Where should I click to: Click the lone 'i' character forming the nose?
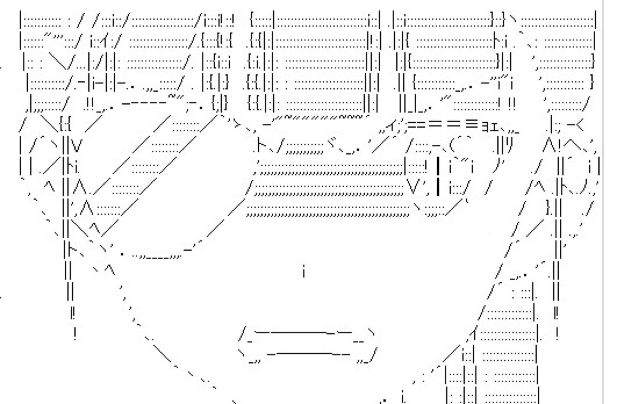tap(304, 272)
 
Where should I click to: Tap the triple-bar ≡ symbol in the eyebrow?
tap(473, 123)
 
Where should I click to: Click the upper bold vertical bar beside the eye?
tap(438, 166)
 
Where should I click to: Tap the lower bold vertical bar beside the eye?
tap(438, 187)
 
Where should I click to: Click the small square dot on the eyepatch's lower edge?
tap(122, 253)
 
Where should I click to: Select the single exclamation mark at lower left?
tap(76, 332)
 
